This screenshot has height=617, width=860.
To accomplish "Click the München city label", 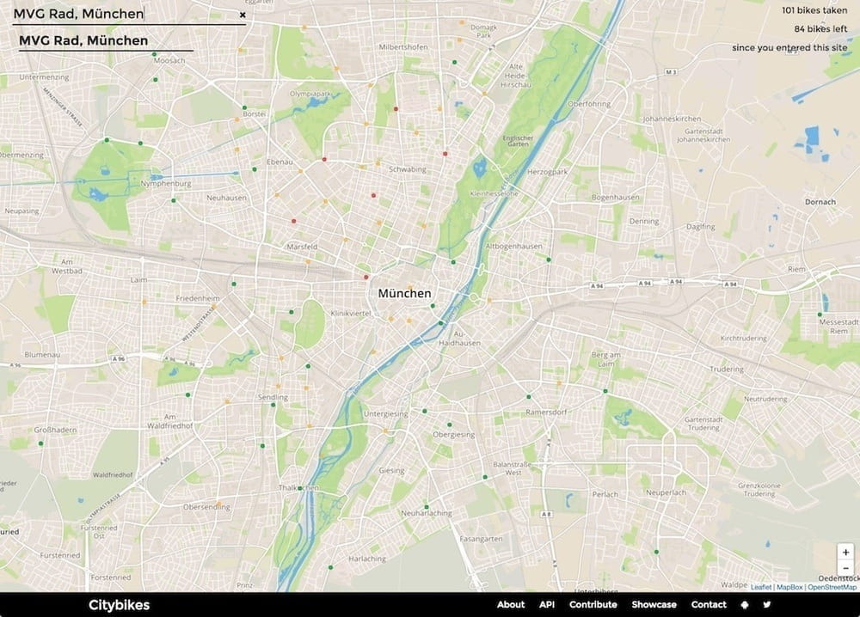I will point(404,294).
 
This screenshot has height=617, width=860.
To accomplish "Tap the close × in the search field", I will point(243,15).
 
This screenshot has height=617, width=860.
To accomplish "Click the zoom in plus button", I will point(846,553).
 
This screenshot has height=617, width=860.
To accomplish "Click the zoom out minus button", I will point(846,568).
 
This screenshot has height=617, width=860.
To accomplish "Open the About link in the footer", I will point(511,604).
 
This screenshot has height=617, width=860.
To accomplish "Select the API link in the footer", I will point(547,604).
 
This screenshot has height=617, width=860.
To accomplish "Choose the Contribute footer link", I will point(593,604).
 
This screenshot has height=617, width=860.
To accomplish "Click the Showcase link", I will point(654,604).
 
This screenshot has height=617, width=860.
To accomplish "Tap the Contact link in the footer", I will point(709,604).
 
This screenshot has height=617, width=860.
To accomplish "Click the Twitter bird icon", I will point(767,604).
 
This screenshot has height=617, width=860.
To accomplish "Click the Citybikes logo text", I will point(119,605).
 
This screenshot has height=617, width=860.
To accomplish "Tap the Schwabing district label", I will point(408,169).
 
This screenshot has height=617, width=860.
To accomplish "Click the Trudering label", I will point(727,369).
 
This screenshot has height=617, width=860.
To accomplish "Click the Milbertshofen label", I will point(404,46).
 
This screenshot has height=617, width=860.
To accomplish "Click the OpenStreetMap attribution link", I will point(832,587).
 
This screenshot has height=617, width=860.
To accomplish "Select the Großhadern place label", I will point(55,429).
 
